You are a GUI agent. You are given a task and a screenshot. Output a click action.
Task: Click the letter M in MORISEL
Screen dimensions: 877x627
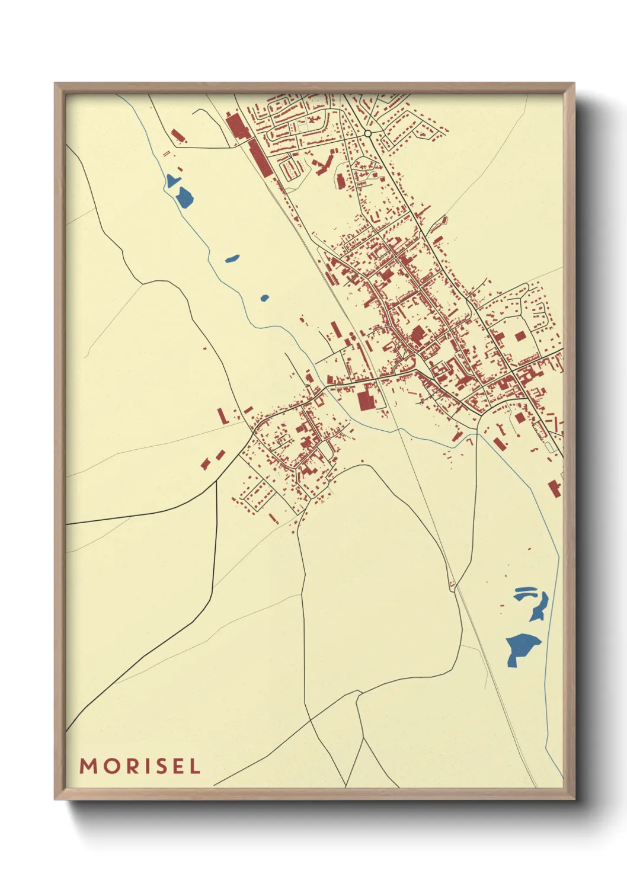tap(88, 766)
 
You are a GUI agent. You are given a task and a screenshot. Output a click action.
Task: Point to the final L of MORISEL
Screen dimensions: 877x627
tap(195, 766)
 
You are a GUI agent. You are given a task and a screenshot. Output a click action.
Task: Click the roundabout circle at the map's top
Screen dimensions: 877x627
tap(368, 134)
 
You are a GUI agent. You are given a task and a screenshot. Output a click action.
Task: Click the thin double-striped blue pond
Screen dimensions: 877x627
tap(525, 593)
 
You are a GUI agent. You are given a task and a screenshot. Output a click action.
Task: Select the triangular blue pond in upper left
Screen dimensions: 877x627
tap(172, 181)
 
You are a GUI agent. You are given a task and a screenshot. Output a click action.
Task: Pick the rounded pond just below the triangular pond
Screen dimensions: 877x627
tap(185, 197)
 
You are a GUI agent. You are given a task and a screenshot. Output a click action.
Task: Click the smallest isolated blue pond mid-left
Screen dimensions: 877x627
tap(264, 298)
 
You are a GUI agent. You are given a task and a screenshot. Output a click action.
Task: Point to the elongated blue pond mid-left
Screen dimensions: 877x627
tap(232, 259)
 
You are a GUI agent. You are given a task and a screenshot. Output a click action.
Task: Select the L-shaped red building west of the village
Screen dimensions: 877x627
tap(223, 416)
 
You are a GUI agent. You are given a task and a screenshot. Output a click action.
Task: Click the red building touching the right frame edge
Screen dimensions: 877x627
tap(555, 488)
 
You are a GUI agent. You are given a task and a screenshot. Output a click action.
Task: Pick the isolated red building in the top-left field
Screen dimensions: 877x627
tap(176, 136)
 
